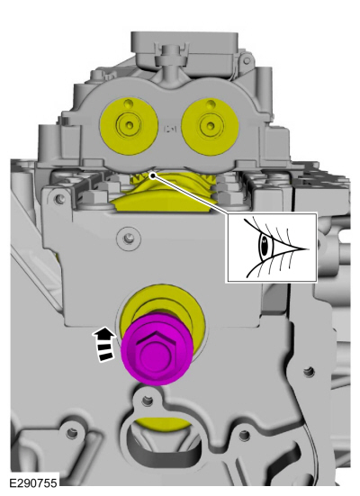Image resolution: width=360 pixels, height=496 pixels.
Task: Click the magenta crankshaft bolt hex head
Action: pos(155,350)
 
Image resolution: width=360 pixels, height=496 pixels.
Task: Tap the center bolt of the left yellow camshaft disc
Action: pos(129,125)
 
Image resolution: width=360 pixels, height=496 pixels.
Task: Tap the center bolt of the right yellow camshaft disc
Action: pos(211,126)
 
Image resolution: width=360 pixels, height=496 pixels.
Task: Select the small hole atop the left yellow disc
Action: pos(128,104)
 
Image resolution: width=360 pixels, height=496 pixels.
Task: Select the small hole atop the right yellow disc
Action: pos(210,104)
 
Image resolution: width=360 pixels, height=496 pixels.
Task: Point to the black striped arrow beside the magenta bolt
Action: pos(103,345)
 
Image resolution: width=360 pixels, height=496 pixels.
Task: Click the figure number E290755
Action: pos(33,483)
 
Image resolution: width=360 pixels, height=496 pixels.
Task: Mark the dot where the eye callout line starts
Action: pos(153,175)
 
